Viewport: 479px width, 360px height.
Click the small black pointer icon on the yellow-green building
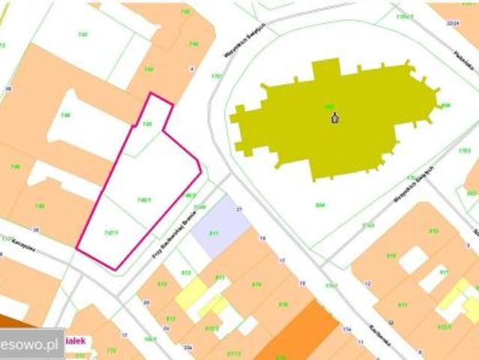click(335, 117)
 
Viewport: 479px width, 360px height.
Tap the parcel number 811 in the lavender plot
click(214, 233)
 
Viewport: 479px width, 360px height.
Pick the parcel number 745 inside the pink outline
click(148, 124)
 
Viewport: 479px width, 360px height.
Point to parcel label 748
click(66, 115)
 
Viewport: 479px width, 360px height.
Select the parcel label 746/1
click(145, 199)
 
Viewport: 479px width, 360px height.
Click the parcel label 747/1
click(111, 232)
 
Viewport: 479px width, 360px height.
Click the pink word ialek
click(77, 340)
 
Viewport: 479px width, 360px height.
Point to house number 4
click(192, 68)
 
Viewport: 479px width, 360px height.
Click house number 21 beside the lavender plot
click(239, 208)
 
